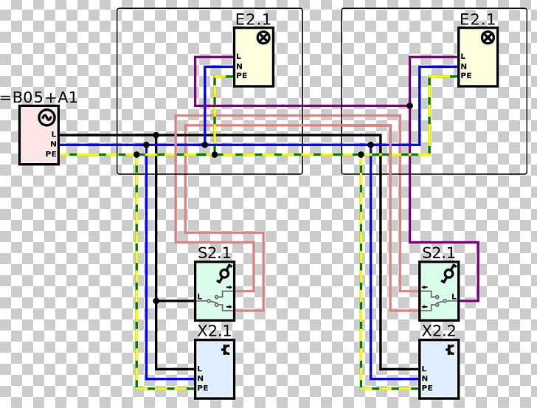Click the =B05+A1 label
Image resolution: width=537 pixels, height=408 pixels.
(x=38, y=97)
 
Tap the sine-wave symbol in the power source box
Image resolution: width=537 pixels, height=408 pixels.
(x=47, y=117)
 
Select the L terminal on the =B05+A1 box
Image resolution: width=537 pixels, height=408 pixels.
(x=53, y=134)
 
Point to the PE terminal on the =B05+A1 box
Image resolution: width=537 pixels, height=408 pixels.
(x=51, y=154)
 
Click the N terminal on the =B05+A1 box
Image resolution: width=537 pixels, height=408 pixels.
(x=53, y=144)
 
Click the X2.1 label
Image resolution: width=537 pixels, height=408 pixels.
(x=215, y=331)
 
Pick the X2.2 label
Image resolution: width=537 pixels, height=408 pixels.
(x=439, y=331)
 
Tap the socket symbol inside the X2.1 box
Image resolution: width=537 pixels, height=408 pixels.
(x=226, y=350)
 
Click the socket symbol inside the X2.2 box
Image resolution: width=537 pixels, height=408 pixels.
(x=451, y=350)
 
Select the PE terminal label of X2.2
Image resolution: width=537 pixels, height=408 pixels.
(x=427, y=388)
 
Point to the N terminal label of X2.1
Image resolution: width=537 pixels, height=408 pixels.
(x=201, y=378)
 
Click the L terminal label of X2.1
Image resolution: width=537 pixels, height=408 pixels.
(x=200, y=369)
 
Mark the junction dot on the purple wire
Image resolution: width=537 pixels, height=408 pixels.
(x=409, y=106)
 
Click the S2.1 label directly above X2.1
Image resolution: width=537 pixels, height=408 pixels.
(x=215, y=253)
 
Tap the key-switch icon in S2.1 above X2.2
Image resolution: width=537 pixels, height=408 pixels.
(x=448, y=274)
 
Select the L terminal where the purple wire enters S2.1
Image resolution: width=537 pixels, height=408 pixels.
(x=454, y=297)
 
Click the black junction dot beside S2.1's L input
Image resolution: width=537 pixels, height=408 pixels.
(x=156, y=301)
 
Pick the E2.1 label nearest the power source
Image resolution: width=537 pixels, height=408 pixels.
(x=254, y=19)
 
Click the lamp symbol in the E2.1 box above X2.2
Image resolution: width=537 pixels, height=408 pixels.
(x=488, y=38)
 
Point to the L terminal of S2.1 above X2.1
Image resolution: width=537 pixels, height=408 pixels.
(x=200, y=297)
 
